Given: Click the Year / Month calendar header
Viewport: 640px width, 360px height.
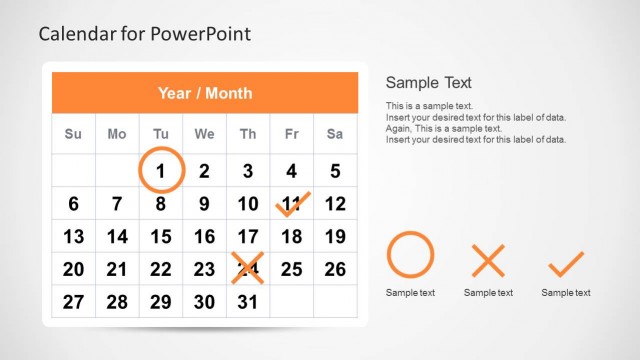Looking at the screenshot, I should (204, 93).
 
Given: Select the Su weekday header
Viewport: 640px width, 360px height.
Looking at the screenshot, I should (73, 134).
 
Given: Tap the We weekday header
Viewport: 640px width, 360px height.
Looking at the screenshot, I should (204, 134).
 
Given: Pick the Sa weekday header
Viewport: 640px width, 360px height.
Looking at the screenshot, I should (335, 134).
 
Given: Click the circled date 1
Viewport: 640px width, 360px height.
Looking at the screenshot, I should (160, 170).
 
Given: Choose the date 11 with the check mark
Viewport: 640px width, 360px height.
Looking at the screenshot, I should (291, 205).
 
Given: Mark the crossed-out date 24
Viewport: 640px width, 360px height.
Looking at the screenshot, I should (248, 269).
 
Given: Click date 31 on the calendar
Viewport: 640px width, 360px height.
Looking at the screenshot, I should (248, 302).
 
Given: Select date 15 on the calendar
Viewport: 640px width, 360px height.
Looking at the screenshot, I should (160, 237).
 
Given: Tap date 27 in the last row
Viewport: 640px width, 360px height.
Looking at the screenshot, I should (73, 302).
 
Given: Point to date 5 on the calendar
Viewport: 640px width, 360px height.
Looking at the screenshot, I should (335, 171).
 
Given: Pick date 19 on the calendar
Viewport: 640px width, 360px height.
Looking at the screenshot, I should (335, 237).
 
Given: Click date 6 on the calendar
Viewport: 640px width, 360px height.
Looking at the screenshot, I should (73, 205).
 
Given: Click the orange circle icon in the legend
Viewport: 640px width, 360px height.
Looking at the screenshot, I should (410, 255).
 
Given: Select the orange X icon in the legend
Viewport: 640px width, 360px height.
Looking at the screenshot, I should (488, 262).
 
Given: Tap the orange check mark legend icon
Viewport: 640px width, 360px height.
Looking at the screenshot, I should (566, 263).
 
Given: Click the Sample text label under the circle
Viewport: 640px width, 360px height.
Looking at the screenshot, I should (410, 293).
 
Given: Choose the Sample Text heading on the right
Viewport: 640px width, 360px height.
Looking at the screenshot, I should (428, 83).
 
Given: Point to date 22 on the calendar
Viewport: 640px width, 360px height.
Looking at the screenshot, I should (160, 269).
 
